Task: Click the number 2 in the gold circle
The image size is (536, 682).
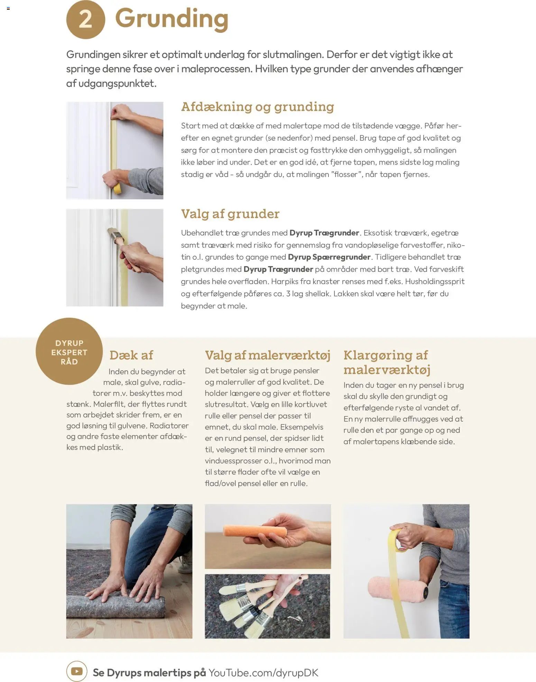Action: pyautogui.click(x=85, y=19)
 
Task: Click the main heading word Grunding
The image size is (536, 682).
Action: pyautogui.click(x=172, y=19)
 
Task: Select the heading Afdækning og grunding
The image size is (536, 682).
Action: pyautogui.click(x=258, y=107)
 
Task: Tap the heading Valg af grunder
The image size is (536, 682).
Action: pyautogui.click(x=230, y=214)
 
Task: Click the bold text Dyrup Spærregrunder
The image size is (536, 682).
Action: pyautogui.click(x=329, y=257)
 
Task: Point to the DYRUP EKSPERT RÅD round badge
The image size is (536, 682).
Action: pyautogui.click(x=69, y=352)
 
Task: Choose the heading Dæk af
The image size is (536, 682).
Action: pyautogui.click(x=131, y=355)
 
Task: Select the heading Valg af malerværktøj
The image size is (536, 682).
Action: pyautogui.click(x=268, y=355)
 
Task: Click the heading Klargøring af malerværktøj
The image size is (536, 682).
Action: pyautogui.click(x=387, y=362)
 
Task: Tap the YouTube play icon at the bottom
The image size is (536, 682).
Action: pyautogui.click(x=77, y=671)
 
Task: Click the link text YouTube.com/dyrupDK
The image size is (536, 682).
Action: pyautogui.click(x=263, y=673)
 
